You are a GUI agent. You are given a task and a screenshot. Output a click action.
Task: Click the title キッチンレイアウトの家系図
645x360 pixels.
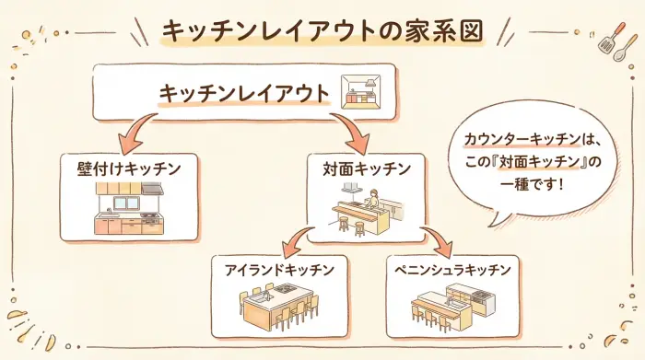(322, 30)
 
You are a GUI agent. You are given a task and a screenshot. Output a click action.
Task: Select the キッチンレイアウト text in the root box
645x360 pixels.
(244, 93)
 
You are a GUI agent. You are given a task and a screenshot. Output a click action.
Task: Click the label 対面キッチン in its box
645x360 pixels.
(359, 169)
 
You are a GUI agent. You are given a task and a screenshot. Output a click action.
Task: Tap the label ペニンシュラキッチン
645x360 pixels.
(454, 270)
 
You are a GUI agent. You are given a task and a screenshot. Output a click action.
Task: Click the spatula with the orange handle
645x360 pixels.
(606, 37)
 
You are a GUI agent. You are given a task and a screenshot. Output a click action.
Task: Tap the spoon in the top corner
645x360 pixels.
(623, 44)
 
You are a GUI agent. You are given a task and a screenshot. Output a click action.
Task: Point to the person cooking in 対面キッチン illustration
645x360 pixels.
(373, 199)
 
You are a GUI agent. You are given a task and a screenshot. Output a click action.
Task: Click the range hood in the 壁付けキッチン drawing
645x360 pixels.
(152, 190)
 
